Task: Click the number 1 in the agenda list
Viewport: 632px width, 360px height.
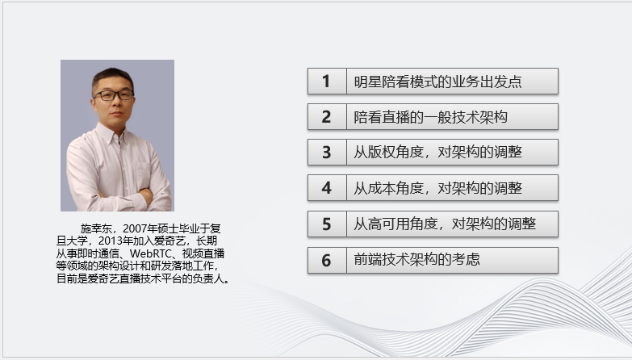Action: coord(326,82)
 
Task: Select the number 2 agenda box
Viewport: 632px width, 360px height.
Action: coord(326,117)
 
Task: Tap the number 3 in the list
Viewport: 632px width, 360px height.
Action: coord(326,153)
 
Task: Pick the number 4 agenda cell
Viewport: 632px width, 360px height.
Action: coord(326,188)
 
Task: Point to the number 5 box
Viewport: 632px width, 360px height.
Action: coord(326,224)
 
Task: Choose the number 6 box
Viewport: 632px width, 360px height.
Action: coord(326,260)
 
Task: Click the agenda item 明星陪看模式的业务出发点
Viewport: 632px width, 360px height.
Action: coord(437,82)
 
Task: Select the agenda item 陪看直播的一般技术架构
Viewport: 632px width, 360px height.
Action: coord(430,117)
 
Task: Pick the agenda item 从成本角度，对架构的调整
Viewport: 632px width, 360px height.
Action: coord(437,188)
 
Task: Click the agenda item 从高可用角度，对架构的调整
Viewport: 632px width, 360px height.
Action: coord(445,224)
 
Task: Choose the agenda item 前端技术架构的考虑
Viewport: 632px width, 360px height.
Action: coord(418,260)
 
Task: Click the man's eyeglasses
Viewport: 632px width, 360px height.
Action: coord(113,94)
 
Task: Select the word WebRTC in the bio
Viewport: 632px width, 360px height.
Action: coord(148,253)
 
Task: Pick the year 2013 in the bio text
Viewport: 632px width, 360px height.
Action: coord(109,241)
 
